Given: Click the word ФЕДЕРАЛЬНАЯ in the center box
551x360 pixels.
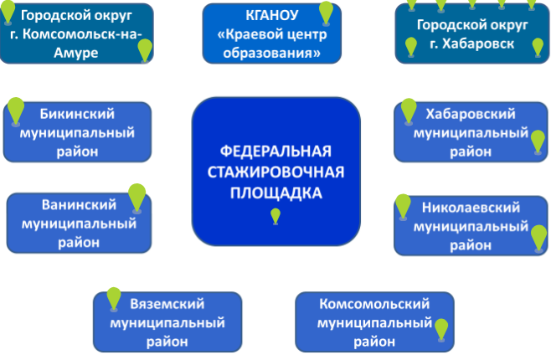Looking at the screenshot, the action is pos(275,152).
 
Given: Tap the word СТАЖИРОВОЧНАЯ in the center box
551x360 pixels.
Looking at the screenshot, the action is pos(275,172).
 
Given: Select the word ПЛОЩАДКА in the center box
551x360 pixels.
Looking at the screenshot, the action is pos(275,193).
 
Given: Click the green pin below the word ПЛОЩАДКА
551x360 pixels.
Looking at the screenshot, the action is pos(275,216).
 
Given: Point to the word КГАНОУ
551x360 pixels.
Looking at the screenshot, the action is pos(272,15).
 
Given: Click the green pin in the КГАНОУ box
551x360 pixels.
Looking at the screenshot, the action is pos(326,13).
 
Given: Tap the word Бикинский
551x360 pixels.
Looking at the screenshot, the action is pos(77,114).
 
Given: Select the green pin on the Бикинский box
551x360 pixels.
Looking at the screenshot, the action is pos(16,111).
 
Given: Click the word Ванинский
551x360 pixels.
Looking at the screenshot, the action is pos(79,205).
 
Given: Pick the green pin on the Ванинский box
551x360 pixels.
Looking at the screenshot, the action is pos(137,198).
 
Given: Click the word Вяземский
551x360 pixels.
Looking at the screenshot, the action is pos(167,304).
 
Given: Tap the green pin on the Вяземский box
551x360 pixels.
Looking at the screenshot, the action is pos(114,299).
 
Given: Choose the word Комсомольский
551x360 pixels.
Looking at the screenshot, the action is pos(374,304).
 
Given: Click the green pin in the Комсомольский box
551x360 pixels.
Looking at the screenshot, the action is pos(441,330).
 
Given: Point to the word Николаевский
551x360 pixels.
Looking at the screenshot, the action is pos(471,208).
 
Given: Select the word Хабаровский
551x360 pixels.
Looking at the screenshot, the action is pos(471,114).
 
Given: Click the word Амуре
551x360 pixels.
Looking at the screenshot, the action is pos(76,53).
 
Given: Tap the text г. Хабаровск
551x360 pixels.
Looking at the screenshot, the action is pos(472,44).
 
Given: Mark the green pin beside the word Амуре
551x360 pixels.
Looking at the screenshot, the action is pos(145,50).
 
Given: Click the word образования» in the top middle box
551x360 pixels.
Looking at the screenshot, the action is pos(272,53).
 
